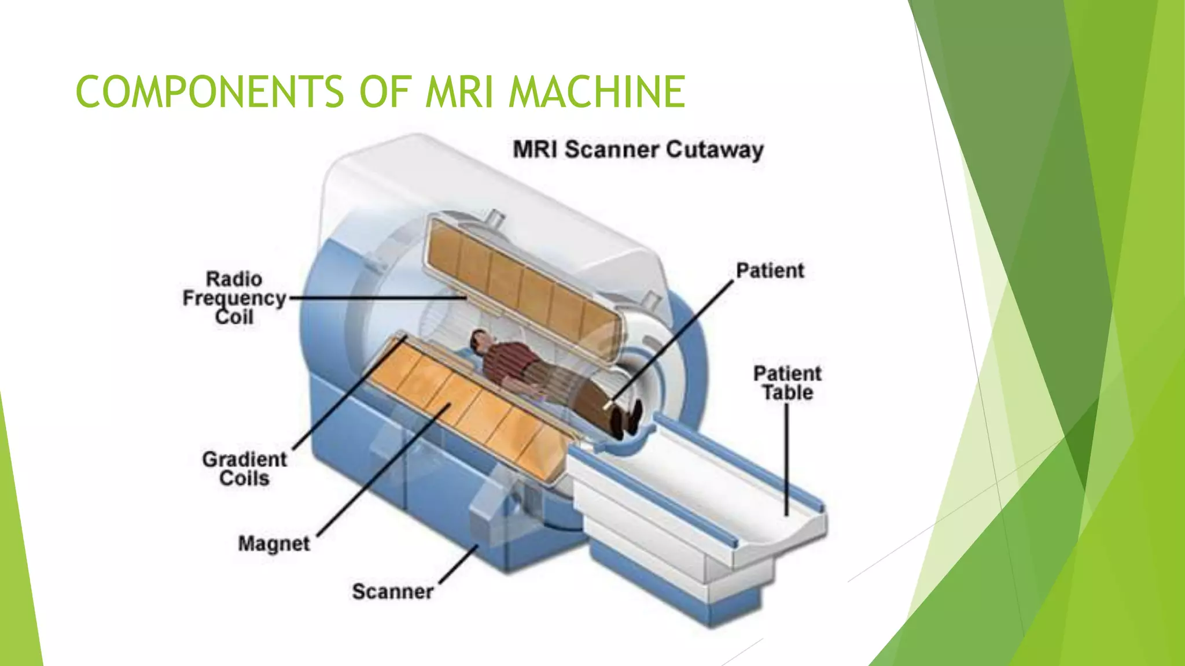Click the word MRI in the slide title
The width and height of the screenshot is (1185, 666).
point(460,92)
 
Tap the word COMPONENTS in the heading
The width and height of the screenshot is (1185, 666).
point(209,92)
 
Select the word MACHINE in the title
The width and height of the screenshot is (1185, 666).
point(597,92)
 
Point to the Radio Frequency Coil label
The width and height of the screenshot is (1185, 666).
point(234,298)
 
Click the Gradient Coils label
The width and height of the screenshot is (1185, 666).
point(244,469)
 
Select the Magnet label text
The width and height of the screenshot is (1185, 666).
point(274,543)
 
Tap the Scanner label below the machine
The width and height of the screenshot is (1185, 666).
point(393,591)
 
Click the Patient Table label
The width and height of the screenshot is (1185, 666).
point(787,383)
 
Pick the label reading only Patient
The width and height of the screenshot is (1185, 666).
point(770,271)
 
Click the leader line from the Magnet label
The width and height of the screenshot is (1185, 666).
point(382,471)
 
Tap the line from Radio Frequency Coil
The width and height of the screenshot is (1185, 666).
point(376,298)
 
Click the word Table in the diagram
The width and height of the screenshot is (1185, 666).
point(787,393)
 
